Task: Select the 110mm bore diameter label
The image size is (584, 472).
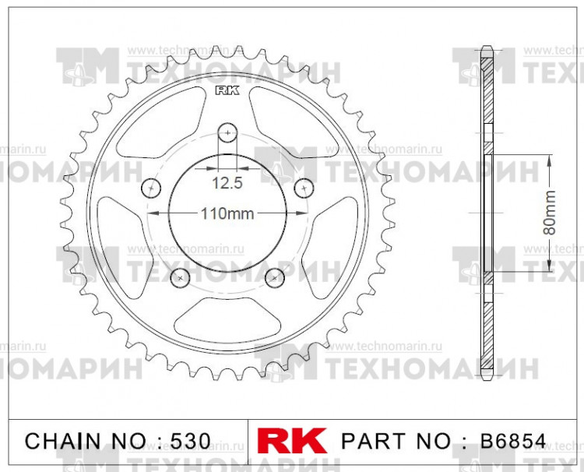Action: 227,214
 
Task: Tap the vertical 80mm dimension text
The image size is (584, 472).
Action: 550,212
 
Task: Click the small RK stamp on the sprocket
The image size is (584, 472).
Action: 226,91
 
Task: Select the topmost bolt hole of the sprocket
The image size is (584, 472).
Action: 227,133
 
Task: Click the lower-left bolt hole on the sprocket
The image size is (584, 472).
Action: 180,277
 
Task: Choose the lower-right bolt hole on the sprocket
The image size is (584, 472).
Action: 273,277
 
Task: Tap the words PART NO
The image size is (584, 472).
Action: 396,440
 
